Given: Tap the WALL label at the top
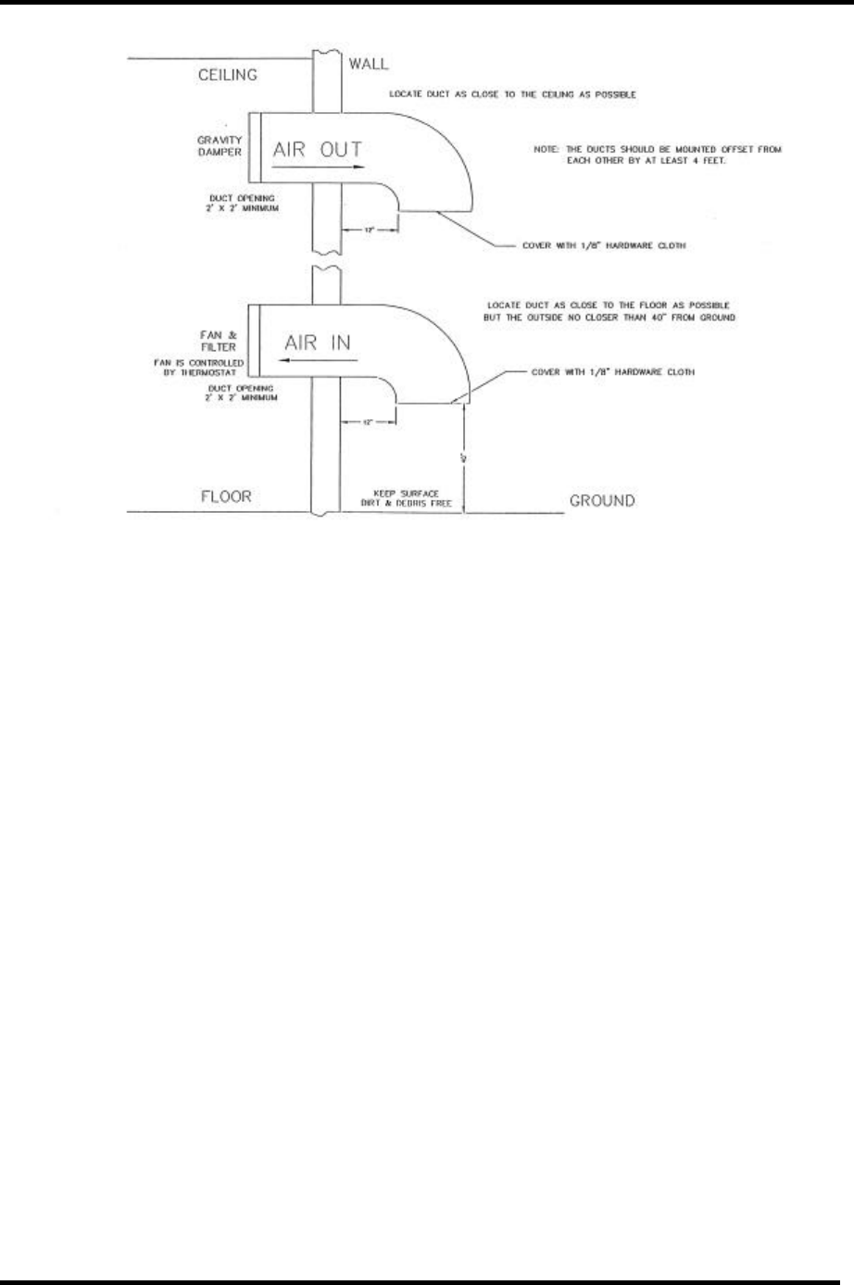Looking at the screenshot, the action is (368, 65).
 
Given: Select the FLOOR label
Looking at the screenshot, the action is (226, 497).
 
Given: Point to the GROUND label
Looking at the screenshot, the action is (602, 501).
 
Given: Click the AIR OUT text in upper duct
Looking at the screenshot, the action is (318, 149).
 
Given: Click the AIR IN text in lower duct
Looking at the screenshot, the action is (318, 340).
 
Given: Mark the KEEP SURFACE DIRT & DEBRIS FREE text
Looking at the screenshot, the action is (406, 497).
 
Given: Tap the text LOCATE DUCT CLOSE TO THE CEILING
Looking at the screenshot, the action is (514, 95).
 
